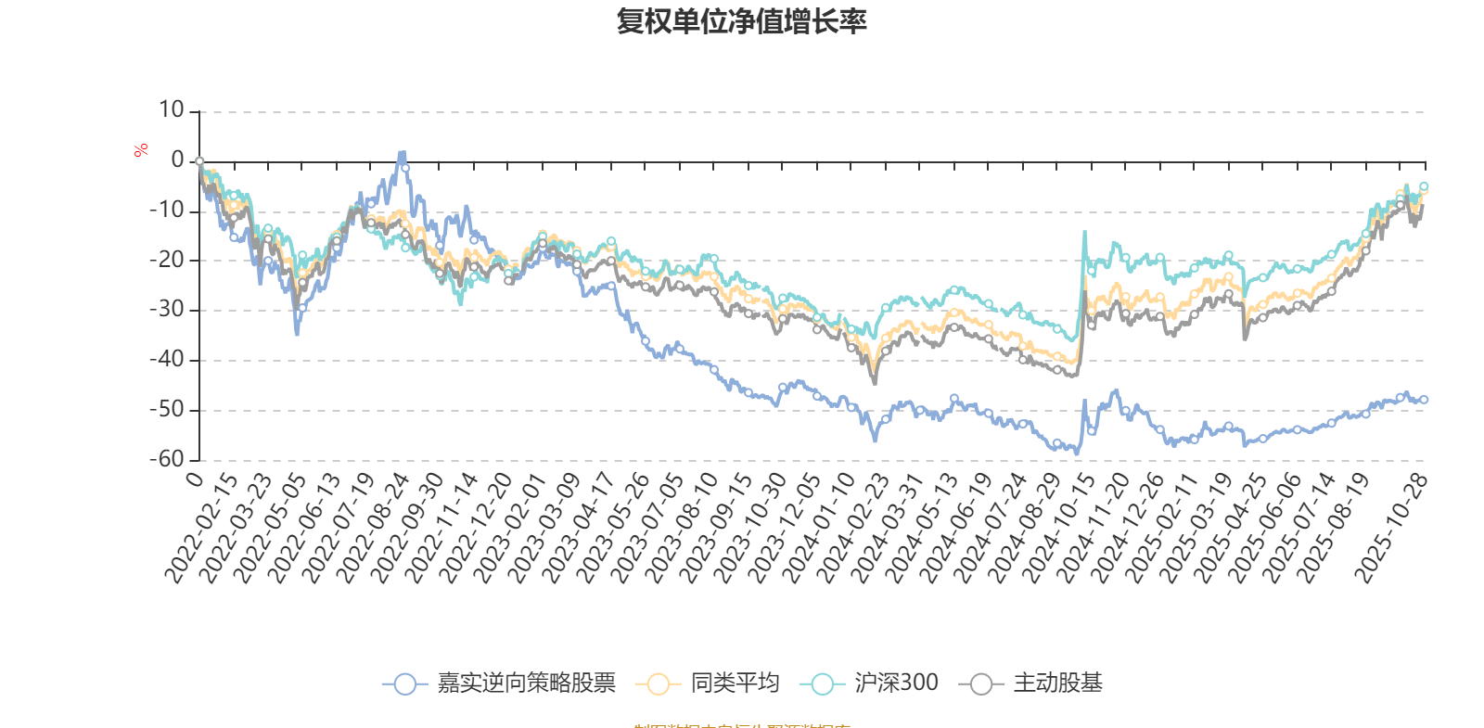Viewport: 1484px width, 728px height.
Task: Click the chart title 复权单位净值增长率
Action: pyautogui.click(x=741, y=21)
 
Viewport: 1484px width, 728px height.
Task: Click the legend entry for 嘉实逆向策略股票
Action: pyautogui.click(x=501, y=683)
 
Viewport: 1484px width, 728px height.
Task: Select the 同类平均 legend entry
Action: pyautogui.click(x=709, y=683)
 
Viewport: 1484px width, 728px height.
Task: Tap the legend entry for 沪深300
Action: pyautogui.click(x=876, y=683)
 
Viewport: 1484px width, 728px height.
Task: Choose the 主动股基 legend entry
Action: pyautogui.click(x=1037, y=683)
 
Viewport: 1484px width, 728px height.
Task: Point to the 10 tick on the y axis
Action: pyautogui.click(x=172, y=110)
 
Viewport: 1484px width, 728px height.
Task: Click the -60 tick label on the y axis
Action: pyautogui.click(x=167, y=459)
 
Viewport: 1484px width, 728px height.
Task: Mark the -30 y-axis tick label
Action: pyautogui.click(x=167, y=310)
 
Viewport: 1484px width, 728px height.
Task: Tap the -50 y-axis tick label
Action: pyautogui.click(x=167, y=409)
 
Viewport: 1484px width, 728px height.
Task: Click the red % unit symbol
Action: pyautogui.click(x=141, y=149)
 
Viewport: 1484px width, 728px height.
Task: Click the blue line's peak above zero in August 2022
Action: pyautogui.click(x=402, y=152)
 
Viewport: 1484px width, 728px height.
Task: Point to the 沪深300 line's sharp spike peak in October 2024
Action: pyautogui.click(x=1084, y=232)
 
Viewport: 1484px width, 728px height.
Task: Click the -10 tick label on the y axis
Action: pyautogui.click(x=167, y=211)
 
